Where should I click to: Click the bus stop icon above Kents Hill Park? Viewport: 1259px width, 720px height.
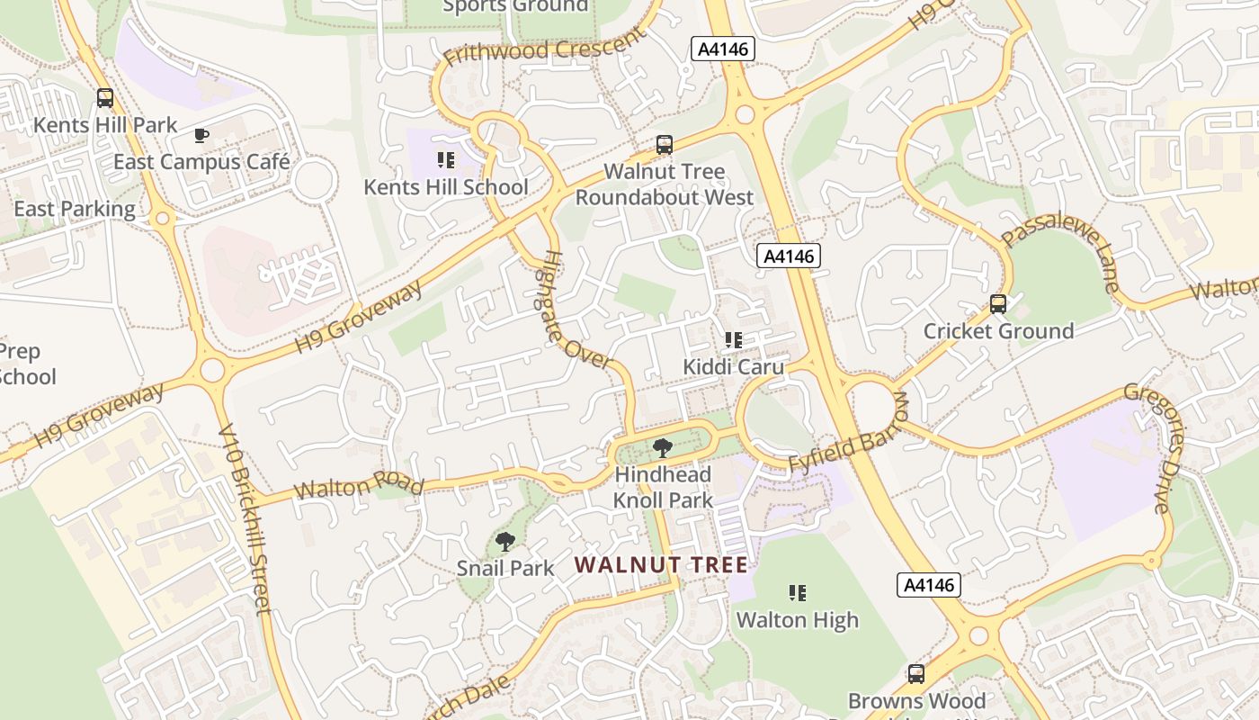[105, 98]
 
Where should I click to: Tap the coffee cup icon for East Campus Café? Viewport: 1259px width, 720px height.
[201, 136]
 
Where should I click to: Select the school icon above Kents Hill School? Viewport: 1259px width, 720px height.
[445, 160]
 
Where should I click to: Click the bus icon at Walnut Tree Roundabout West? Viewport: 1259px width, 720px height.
[665, 144]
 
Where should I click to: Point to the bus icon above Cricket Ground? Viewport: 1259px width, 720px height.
[998, 304]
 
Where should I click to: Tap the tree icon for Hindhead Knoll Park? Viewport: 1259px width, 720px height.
[663, 447]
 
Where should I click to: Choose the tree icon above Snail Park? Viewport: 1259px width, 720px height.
[505, 542]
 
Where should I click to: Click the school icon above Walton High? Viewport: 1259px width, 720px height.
[797, 593]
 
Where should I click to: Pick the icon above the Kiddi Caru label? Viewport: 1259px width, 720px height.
[733, 340]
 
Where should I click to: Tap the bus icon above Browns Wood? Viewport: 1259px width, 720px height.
[916, 673]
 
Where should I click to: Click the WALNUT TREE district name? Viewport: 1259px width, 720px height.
[661, 565]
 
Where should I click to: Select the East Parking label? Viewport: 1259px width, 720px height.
[75, 210]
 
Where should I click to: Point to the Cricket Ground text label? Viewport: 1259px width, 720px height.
[998, 331]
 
